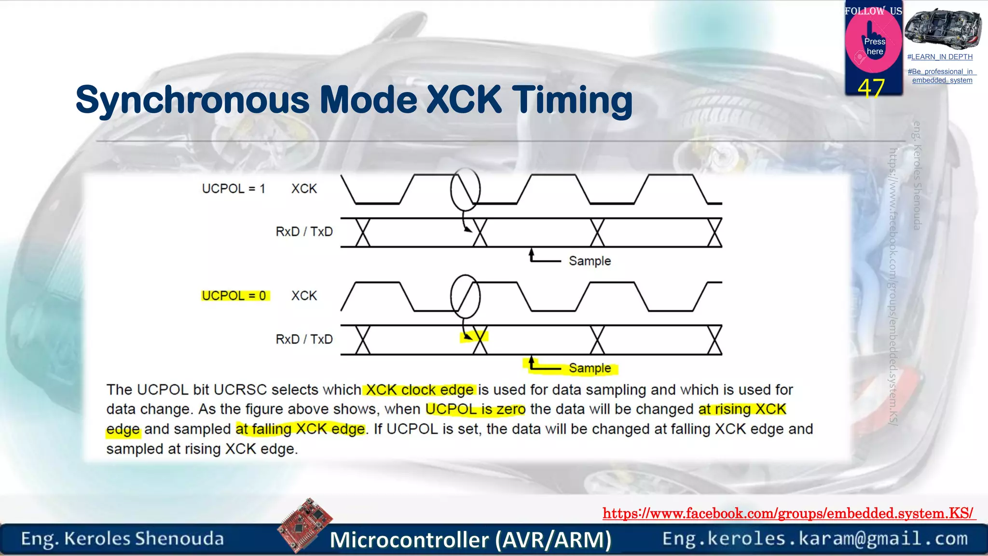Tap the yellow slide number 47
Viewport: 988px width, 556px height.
click(871, 88)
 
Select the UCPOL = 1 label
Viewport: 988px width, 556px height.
click(233, 189)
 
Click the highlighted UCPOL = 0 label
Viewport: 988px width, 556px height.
click(234, 295)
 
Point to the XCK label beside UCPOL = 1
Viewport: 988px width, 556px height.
click(304, 189)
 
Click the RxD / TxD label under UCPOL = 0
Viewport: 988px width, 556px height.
click(304, 339)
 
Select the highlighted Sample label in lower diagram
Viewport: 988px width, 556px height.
click(590, 368)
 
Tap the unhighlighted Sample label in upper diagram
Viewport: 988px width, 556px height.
click(590, 261)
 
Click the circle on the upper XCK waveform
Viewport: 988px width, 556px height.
click(465, 189)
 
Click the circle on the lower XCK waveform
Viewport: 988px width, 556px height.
click(465, 296)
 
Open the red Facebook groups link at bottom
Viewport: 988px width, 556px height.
click(788, 513)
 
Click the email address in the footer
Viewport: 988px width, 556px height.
click(815, 539)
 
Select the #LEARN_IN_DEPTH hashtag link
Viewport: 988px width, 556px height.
click(940, 57)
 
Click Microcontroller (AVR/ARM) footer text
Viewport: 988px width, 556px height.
click(470, 540)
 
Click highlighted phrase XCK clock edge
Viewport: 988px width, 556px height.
click(419, 390)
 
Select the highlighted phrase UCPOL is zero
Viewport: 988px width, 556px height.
click(475, 409)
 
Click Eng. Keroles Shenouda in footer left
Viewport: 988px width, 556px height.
click(122, 539)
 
